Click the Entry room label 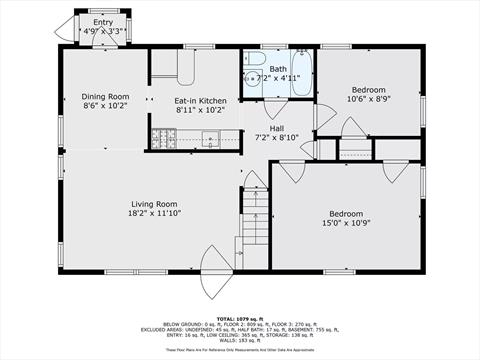pos(103,22)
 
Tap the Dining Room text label pos(105,97)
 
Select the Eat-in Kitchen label pos(201,101)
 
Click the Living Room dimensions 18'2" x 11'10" pos(153,213)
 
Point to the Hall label pos(277,128)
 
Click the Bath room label pos(277,68)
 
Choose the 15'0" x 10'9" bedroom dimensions pos(346,223)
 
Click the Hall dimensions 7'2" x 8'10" pos(277,137)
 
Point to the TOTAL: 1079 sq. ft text pos(240,292)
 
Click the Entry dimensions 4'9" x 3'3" pos(103,32)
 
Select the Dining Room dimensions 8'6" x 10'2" pos(105,106)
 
